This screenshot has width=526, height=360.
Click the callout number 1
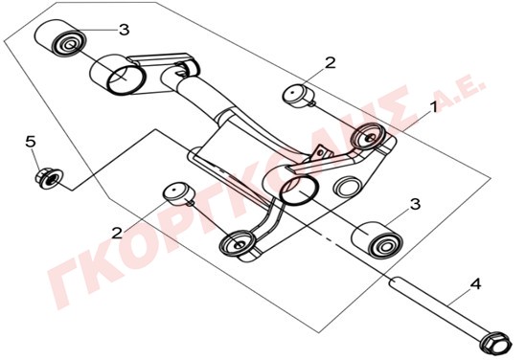point(433,107)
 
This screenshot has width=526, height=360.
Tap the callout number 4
point(475,284)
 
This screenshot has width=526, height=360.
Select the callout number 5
point(31,142)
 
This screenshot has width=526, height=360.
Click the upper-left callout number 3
point(125,30)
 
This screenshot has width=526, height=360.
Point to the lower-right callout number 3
point(415,204)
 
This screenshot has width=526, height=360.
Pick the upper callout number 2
point(331,62)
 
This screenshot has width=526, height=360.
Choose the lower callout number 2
point(117,233)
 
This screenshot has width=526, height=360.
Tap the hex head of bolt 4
point(496,343)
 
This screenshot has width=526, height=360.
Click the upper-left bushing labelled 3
point(61,38)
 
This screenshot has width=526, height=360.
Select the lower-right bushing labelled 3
point(377,240)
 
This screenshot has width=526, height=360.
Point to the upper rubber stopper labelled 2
point(297,96)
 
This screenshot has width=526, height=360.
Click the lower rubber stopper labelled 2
point(178,193)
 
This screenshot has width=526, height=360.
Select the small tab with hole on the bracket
point(320,153)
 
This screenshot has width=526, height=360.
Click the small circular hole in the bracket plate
point(348,188)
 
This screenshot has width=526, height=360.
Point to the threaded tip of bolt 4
point(393,281)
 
